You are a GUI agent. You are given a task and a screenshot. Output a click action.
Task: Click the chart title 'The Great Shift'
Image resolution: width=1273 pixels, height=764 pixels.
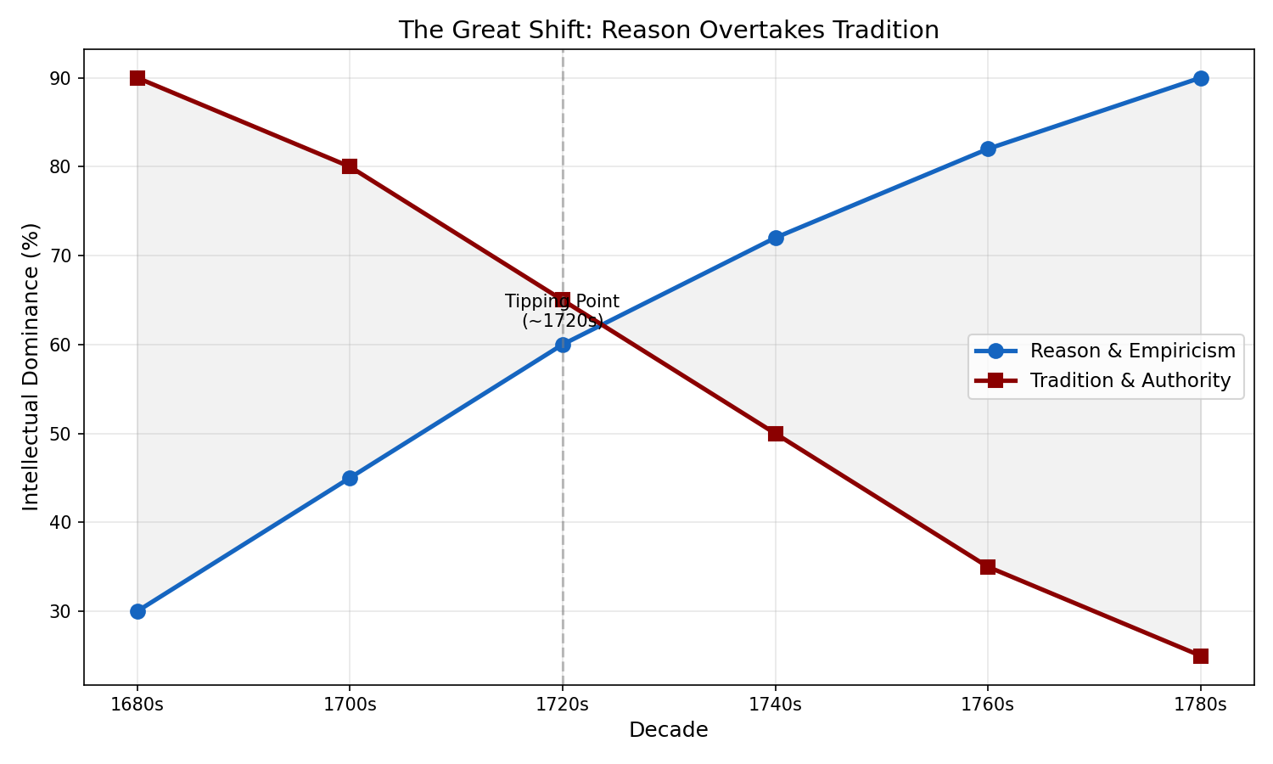(x=669, y=31)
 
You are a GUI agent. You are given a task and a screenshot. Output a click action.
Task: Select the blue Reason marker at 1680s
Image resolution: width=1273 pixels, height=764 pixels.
(x=137, y=611)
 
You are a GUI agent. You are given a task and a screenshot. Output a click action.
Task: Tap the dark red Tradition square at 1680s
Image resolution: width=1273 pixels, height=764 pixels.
(x=137, y=78)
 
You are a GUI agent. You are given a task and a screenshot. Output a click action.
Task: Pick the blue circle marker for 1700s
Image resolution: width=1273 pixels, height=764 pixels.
(x=350, y=478)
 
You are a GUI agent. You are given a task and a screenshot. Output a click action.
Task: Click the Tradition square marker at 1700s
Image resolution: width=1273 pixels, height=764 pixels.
(x=350, y=166)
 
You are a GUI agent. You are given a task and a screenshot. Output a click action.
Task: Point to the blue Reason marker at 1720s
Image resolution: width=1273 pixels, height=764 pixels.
(x=563, y=345)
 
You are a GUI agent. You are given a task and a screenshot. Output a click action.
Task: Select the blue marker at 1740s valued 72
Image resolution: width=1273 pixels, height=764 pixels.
(x=776, y=238)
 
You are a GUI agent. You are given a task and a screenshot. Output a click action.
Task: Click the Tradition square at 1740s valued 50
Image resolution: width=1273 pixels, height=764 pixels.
(x=776, y=434)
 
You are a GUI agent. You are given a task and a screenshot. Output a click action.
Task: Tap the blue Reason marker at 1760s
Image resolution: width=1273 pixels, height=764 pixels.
(x=988, y=149)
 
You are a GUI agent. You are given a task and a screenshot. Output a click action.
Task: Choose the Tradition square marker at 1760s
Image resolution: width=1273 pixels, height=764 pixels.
(x=988, y=567)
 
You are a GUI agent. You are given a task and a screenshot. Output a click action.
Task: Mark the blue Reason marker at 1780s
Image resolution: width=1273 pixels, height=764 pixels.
(x=1201, y=78)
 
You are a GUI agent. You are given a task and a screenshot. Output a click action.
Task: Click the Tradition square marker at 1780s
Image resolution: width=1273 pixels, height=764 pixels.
(x=1201, y=656)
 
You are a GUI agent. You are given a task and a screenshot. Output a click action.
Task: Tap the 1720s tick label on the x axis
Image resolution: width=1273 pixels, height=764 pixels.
(x=563, y=704)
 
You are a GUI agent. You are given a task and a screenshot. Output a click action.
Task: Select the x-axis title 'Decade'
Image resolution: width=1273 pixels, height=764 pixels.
(x=669, y=730)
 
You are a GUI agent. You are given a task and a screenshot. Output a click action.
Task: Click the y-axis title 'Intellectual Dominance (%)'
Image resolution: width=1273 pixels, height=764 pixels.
(x=31, y=367)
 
